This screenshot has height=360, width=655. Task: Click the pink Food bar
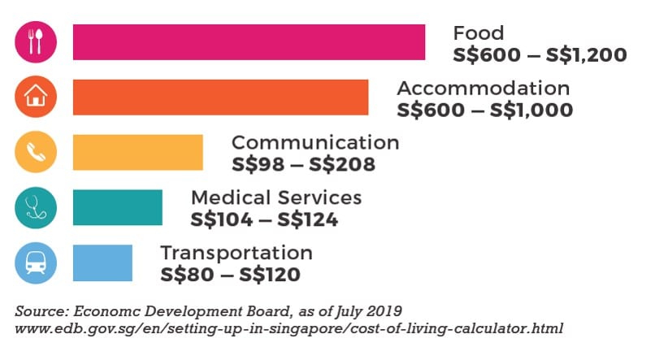tap(249, 42)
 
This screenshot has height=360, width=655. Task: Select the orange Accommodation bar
tap(220, 97)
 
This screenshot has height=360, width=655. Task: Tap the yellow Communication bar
tap(137, 152)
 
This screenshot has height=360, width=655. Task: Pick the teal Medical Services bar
tap(117, 207)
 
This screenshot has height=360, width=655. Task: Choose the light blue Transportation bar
tap(102, 262)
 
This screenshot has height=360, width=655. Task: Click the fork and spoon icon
tap(36, 41)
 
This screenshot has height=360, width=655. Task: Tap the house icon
tap(36, 97)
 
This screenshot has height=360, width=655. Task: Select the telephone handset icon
tap(36, 152)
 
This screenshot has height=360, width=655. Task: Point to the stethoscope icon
tap(36, 207)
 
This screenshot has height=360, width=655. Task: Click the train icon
tap(36, 262)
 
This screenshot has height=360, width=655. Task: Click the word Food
tap(478, 34)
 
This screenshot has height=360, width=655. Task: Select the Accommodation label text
tap(483, 89)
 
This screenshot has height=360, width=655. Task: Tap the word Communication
tap(315, 143)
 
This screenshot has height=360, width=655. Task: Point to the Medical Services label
tap(276, 198)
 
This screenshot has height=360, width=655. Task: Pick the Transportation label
tap(236, 254)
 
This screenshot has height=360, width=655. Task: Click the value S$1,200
tap(588, 56)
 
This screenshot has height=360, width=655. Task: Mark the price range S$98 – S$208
tap(304, 165)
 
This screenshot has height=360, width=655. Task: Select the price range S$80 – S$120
tap(230, 275)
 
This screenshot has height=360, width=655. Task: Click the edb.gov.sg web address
tap(289, 329)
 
